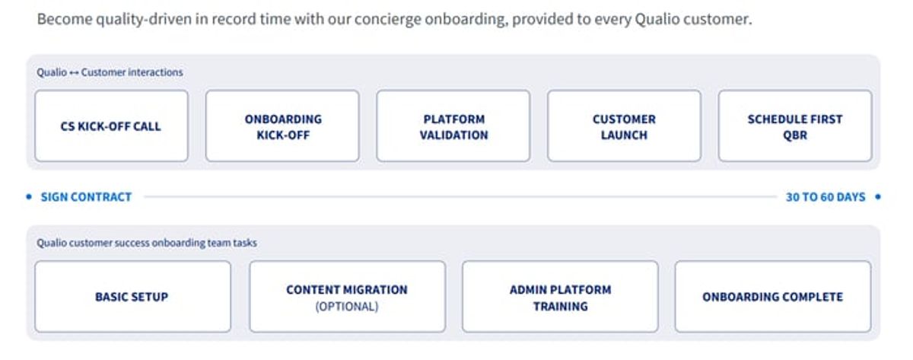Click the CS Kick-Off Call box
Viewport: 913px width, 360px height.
pyautogui.click(x=111, y=126)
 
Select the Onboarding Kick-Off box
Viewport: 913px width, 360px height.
pyautogui.click(x=282, y=126)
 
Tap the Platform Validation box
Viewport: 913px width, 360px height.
pyautogui.click(x=453, y=126)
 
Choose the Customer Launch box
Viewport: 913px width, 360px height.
pyautogui.click(x=624, y=126)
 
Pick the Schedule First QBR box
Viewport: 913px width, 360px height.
pyautogui.click(x=795, y=126)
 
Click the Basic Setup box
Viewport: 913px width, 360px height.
pyautogui.click(x=133, y=296)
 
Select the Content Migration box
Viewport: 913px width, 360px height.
pyautogui.click(x=347, y=296)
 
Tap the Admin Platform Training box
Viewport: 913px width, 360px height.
pyautogui.click(x=560, y=296)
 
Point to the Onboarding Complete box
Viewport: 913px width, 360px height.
pyautogui.click(x=773, y=296)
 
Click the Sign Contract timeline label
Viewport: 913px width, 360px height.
pyautogui.click(x=86, y=197)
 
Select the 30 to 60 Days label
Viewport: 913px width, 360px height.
pyautogui.click(x=826, y=197)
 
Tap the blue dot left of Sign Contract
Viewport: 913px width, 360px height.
pyautogui.click(x=29, y=197)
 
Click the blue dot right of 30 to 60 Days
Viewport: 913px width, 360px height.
pyautogui.click(x=878, y=197)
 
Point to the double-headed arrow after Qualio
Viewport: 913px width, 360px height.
pyautogui.click(x=74, y=73)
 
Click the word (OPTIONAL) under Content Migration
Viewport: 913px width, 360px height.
pyautogui.click(x=347, y=306)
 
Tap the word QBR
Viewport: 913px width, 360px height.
pyautogui.click(x=795, y=135)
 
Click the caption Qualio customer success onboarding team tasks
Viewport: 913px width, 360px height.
pyautogui.click(x=147, y=243)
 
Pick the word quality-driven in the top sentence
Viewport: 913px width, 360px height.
pyautogui.click(x=144, y=19)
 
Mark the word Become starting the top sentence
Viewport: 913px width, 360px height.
pyautogui.click(x=65, y=19)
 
